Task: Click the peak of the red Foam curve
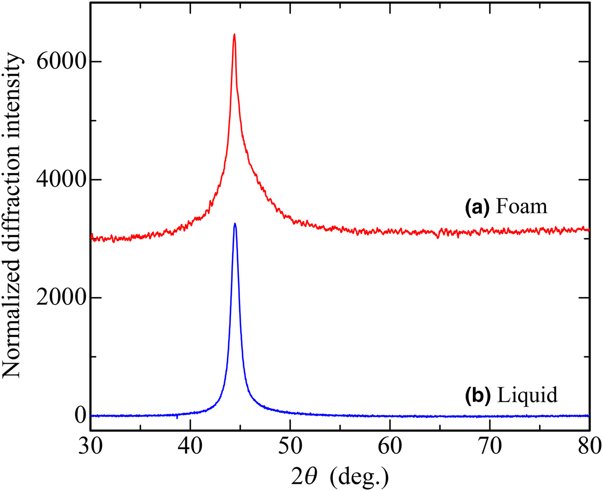click(x=234, y=34)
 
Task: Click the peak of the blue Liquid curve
click(x=235, y=224)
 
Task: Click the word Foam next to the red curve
click(x=522, y=207)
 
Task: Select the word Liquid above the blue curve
click(x=527, y=395)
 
